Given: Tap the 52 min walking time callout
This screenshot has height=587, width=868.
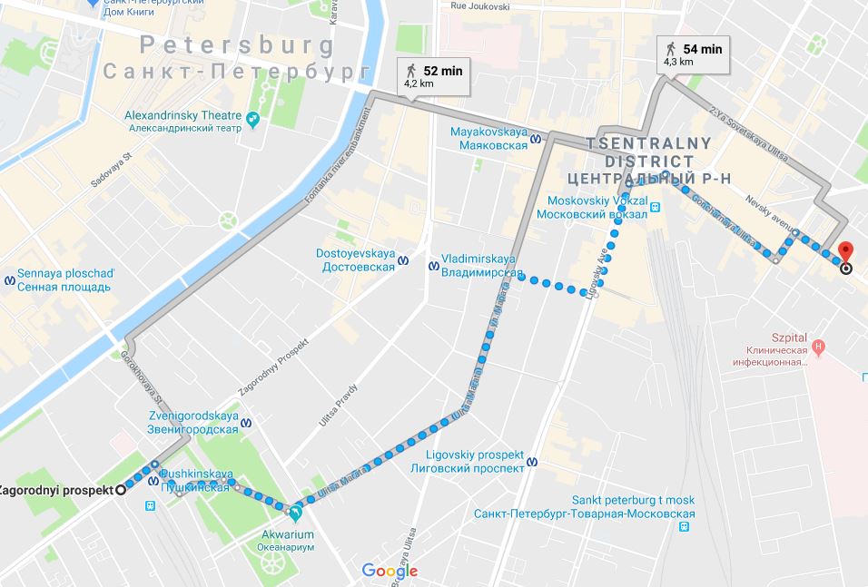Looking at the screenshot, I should [433, 76].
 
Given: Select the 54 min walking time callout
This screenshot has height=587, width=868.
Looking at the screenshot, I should [695, 54].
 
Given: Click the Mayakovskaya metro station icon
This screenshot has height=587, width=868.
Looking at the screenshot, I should [537, 139].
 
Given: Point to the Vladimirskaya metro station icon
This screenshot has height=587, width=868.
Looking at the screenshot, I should [432, 265].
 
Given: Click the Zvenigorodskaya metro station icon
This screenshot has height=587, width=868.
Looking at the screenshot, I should [247, 423].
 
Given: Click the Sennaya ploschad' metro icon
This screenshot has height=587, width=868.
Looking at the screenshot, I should [10, 279].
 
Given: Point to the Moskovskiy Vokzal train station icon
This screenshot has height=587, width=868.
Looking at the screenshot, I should [656, 208].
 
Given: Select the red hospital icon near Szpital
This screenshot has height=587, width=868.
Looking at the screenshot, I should [818, 346].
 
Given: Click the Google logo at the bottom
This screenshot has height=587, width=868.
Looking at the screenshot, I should [390, 571].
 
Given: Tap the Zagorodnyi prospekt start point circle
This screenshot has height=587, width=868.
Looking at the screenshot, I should [120, 490].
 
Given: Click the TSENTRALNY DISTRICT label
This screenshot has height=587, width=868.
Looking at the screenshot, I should [648, 152].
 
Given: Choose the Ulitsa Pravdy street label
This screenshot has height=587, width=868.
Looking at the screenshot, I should [339, 406].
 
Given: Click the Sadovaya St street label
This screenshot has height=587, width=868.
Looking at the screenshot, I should [112, 168].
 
